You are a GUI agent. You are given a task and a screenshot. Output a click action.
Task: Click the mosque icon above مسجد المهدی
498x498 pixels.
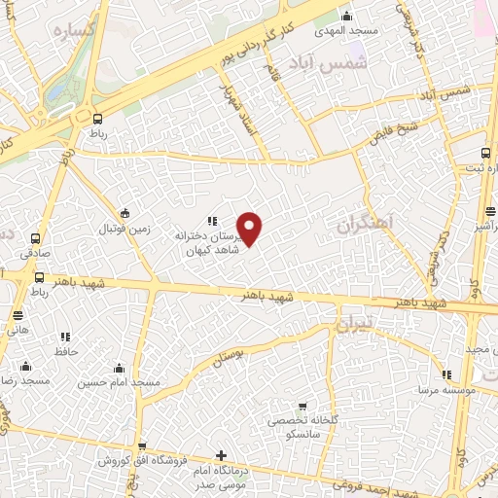point(347,15)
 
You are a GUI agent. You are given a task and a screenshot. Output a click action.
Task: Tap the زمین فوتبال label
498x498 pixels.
point(124,229)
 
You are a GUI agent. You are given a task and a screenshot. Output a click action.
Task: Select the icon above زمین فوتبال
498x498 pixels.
point(124,213)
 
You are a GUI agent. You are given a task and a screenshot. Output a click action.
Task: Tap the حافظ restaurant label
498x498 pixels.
point(66,350)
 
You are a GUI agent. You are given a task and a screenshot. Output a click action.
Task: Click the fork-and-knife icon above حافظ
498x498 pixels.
point(66,336)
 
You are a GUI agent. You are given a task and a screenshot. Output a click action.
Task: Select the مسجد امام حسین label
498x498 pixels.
point(120,382)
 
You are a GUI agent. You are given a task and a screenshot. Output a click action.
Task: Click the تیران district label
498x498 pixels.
point(351,327)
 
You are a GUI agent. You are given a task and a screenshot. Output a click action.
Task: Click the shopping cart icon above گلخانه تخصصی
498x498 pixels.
point(303,407)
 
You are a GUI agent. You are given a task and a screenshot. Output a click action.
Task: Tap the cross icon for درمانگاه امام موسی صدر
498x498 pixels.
point(222,455)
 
